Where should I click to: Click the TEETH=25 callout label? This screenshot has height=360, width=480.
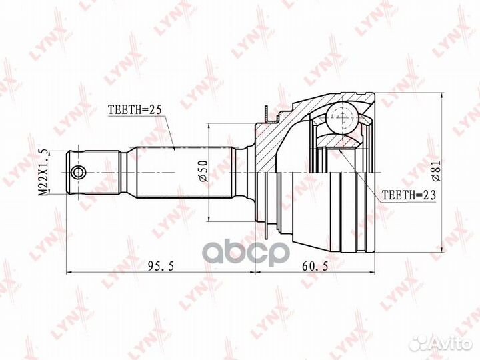click(x=135, y=110)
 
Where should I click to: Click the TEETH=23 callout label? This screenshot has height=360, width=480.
click(x=409, y=195)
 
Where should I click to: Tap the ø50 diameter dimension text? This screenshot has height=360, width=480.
click(x=203, y=171)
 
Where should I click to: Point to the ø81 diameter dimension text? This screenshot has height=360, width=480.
click(x=435, y=171)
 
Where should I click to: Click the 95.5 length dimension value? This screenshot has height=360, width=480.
click(x=161, y=266)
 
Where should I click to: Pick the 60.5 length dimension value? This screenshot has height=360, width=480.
click(x=315, y=266)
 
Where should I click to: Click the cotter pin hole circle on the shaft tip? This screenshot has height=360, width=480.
click(x=79, y=173)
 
